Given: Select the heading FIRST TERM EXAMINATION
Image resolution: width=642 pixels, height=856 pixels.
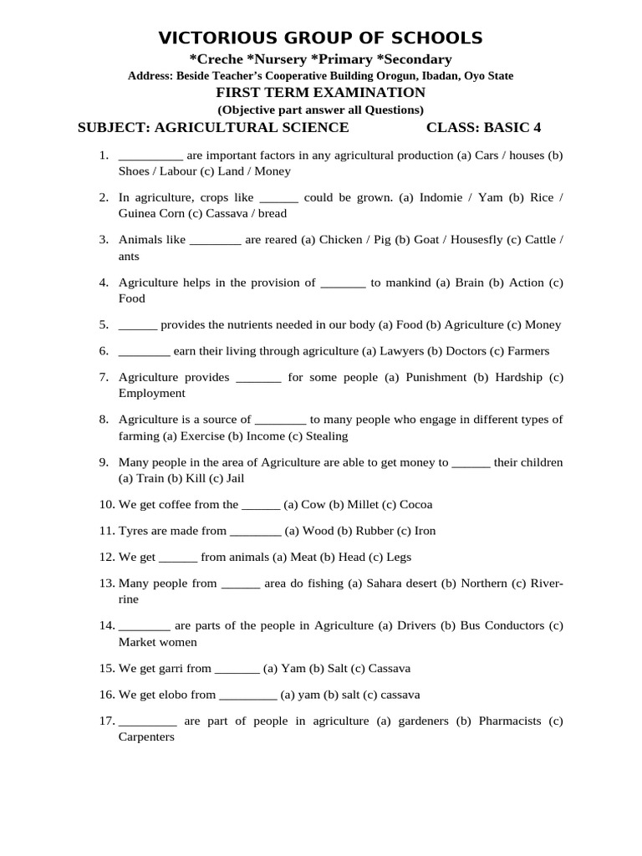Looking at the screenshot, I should [x=321, y=93].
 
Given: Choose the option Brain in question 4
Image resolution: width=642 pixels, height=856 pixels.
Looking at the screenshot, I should [x=470, y=283].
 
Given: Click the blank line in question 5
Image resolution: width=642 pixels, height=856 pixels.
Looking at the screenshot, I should [x=138, y=324].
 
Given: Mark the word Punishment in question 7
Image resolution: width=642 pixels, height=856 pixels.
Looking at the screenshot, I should [x=435, y=377].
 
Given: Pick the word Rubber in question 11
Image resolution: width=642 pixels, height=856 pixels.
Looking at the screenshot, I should [x=374, y=531].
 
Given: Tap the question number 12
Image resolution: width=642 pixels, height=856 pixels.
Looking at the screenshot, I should [x=106, y=557].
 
